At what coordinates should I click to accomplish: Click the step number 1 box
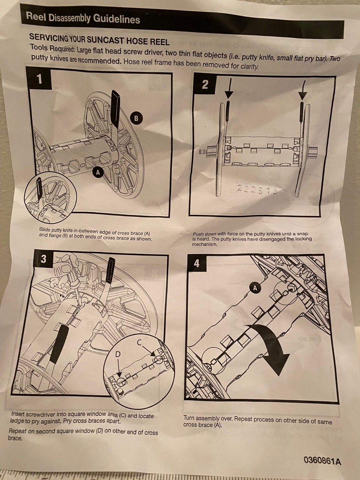coord(39,79)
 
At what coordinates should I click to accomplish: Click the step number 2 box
coord(205,84)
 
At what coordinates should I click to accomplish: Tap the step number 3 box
coord(44,259)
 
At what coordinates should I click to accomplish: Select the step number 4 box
coord(196,263)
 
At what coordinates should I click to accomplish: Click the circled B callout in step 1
coord(136,118)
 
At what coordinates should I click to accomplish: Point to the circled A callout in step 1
coord(97,172)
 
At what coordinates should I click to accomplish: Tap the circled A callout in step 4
coord(255,288)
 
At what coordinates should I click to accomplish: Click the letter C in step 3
coord(139,342)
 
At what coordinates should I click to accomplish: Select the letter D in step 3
coord(118,354)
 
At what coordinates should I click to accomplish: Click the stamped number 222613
coord(257,190)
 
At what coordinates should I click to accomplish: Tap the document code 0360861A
coord(322,460)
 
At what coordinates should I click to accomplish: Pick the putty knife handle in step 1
coord(115,108)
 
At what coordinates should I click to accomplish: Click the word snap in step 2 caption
coord(302,234)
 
